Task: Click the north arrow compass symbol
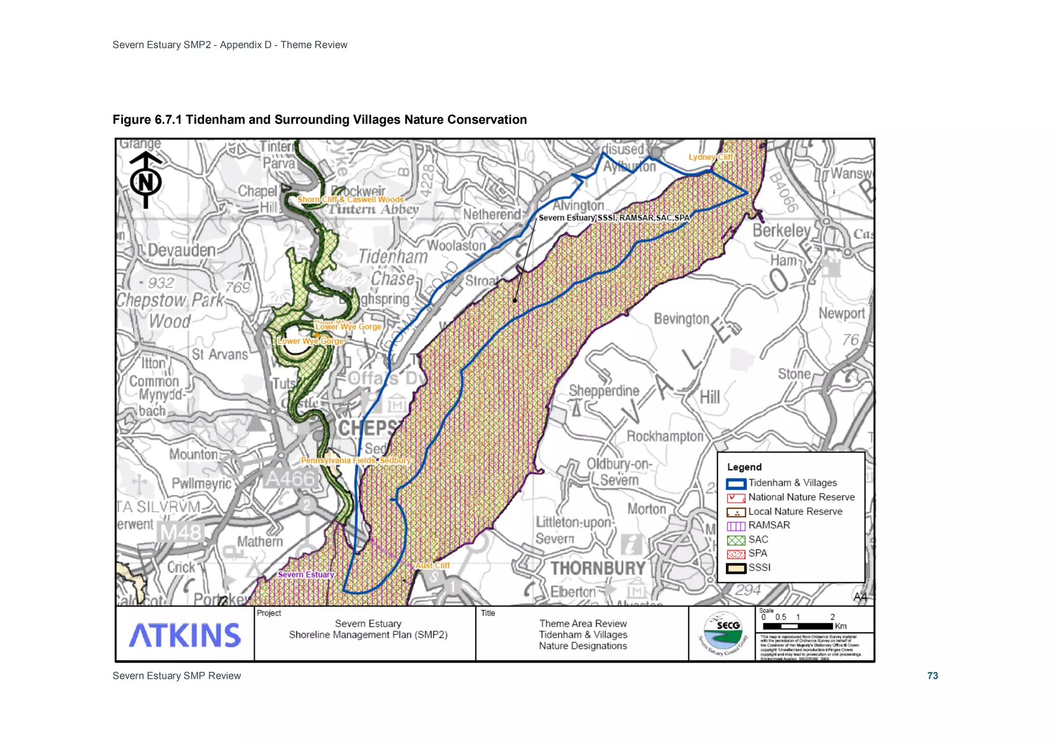(145, 180)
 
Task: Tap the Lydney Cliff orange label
(711, 157)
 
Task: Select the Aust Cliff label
(433, 565)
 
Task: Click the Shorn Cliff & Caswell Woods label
(350, 200)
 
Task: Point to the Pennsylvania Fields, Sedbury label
(355, 460)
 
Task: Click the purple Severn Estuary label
(306, 575)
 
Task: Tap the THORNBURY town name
(598, 568)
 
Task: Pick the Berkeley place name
(782, 231)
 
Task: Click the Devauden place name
(181, 251)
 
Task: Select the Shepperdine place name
(604, 391)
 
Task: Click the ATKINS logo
(185, 635)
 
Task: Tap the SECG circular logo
(723, 634)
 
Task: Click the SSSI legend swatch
(736, 569)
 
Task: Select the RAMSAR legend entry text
(769, 525)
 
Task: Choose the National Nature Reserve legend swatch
(736, 498)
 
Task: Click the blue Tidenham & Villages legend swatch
(736, 484)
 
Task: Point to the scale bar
(798, 626)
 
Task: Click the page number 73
(932, 676)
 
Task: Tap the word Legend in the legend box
(744, 467)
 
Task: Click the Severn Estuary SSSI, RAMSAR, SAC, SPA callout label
(614, 218)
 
